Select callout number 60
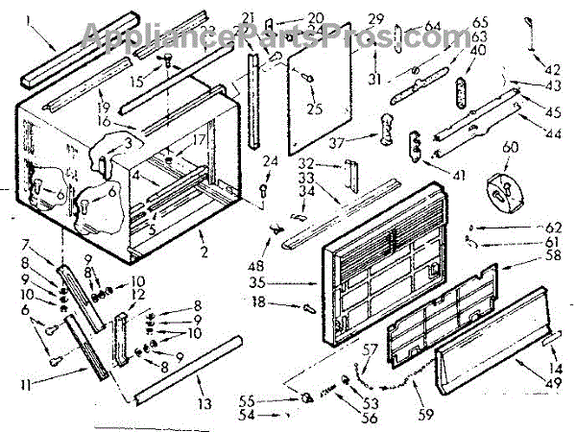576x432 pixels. pos(510,147)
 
